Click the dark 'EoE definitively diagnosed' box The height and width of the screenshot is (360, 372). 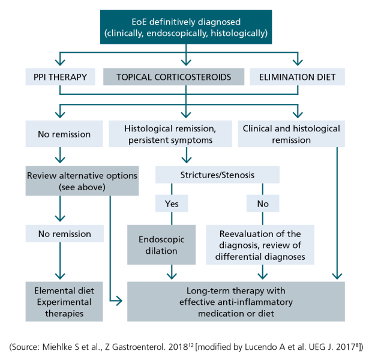pos(186,27)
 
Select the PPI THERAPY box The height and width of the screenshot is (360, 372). pos(60,77)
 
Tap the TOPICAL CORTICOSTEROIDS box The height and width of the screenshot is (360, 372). pos(173,77)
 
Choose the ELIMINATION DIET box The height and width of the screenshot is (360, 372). pos(297,77)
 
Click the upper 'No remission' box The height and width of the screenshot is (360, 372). pos(64,134)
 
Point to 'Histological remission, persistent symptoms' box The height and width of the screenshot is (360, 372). pos(170,134)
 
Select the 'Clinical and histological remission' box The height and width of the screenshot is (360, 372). pos(292,134)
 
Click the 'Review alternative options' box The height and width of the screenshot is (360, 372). pos(82,181)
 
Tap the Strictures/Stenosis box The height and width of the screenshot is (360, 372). pos(217,175)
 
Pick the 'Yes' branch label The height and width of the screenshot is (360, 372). pos(172,203)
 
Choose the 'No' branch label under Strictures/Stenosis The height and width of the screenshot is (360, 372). pos(263,203)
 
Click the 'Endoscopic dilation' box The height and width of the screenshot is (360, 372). pos(161,245)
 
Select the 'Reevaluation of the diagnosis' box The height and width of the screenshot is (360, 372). pos(260,245)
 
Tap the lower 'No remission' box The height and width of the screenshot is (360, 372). pos(65,233)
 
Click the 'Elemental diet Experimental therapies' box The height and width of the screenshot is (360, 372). pos(64,302)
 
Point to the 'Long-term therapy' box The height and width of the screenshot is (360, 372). pos(236,302)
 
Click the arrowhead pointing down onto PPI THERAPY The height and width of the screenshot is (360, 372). pos(60,62)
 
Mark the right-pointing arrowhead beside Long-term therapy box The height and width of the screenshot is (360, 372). pos(119,301)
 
